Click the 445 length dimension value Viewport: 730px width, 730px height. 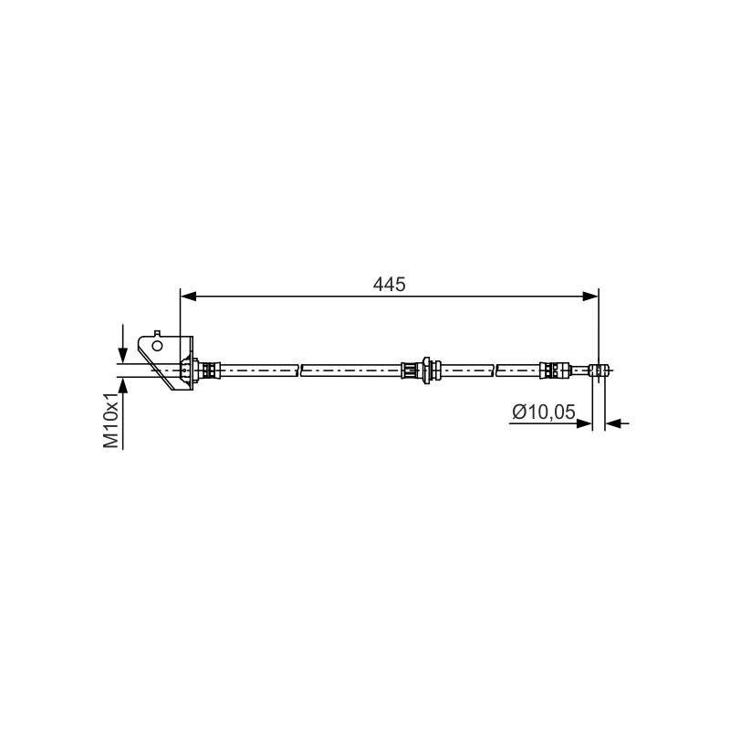coord(390,284)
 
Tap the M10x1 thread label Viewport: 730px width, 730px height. coord(111,421)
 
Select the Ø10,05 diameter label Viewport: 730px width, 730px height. coord(544,412)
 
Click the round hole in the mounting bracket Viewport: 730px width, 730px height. coord(157,346)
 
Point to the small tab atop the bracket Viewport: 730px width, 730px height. coord(157,333)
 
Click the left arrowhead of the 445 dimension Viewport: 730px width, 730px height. coord(188,297)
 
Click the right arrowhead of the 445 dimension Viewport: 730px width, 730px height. coord(590,297)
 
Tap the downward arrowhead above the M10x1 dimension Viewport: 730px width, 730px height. coord(123,355)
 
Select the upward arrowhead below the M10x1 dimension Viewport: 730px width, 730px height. coord(123,385)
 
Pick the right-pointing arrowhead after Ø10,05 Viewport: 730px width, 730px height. coord(584,423)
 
